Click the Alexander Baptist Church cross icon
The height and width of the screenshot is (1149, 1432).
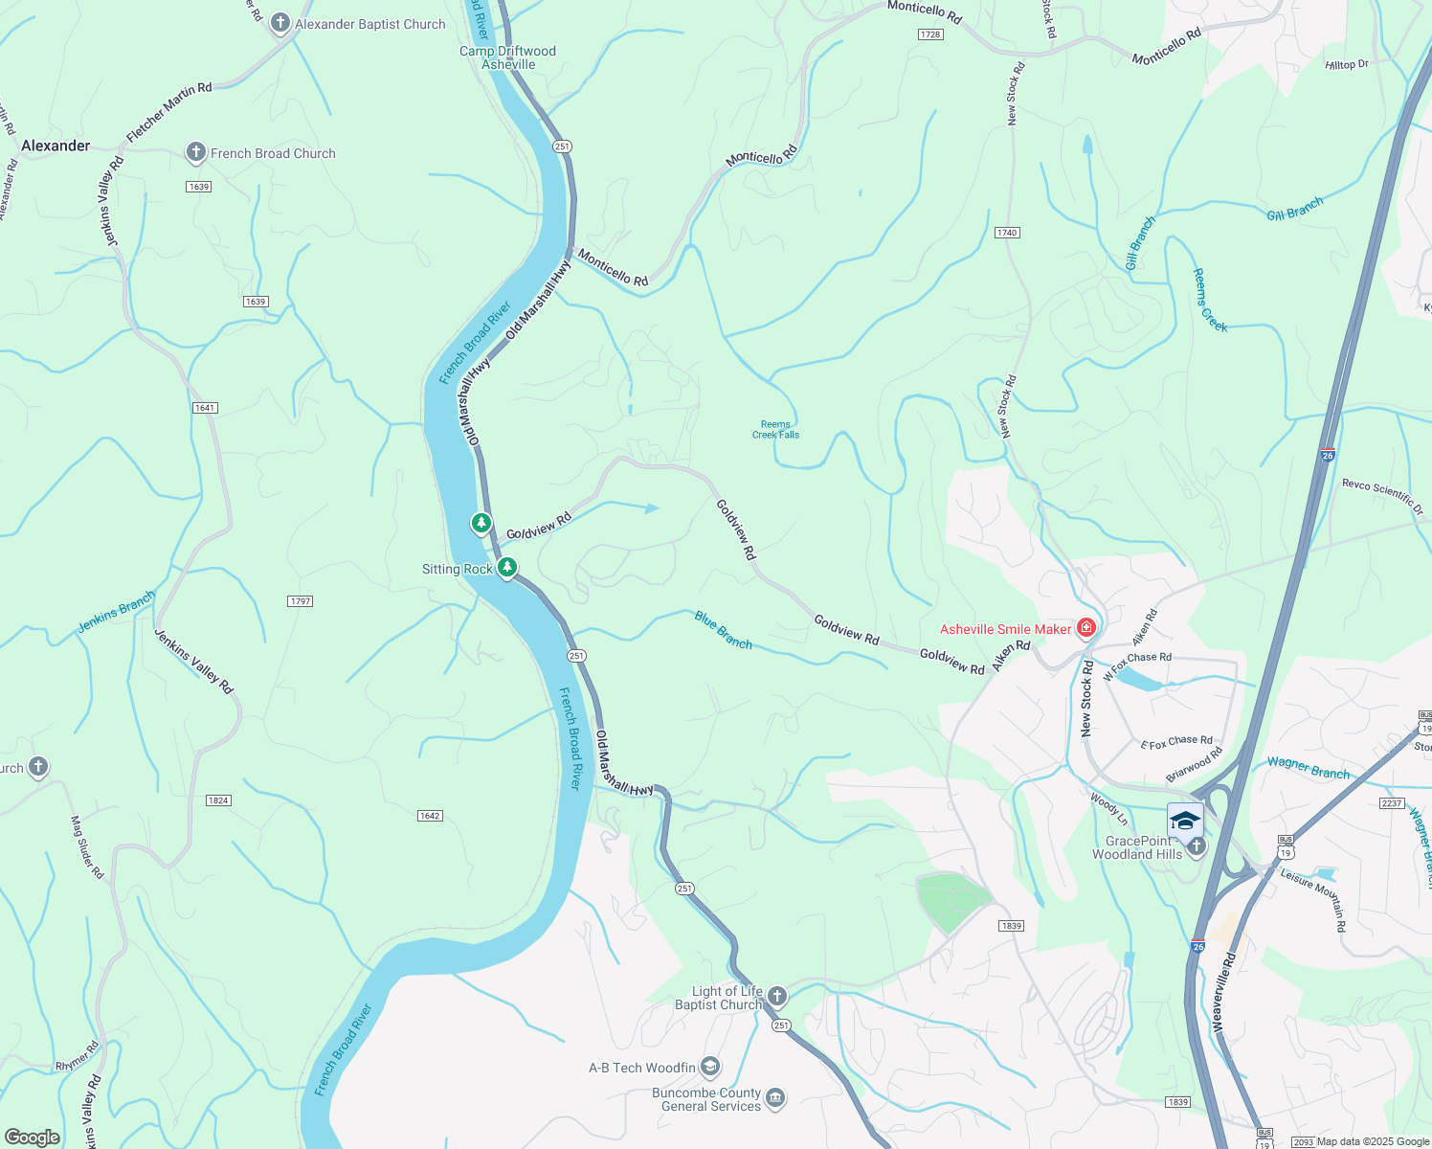[x=280, y=23]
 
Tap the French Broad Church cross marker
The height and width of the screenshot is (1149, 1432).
[x=196, y=152]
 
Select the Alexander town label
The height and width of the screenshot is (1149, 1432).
[x=56, y=146]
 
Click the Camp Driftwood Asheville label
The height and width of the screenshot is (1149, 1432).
[x=507, y=57]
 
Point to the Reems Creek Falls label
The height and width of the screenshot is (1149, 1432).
[x=775, y=429]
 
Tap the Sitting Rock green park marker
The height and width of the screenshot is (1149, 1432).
[x=507, y=568]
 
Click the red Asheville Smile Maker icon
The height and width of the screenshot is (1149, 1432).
[x=1085, y=628]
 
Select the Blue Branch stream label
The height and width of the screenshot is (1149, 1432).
[x=724, y=630]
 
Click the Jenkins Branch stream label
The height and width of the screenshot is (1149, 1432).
[x=116, y=612]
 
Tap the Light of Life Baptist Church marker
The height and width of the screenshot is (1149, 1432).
[x=777, y=997]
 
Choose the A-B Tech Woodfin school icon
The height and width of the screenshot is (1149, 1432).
[x=709, y=1066]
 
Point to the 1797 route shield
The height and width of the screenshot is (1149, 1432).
[x=300, y=601]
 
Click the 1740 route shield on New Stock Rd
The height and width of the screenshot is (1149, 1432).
[x=1006, y=233]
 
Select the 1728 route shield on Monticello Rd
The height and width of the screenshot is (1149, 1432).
[x=929, y=34]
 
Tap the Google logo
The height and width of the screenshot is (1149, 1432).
[x=32, y=1138]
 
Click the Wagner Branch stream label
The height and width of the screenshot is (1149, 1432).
[x=1308, y=768]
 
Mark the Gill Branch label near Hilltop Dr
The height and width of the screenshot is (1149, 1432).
[x=1294, y=209]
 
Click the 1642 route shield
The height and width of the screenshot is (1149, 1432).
[x=429, y=816]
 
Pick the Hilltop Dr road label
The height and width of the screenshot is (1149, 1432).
[x=1347, y=64]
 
